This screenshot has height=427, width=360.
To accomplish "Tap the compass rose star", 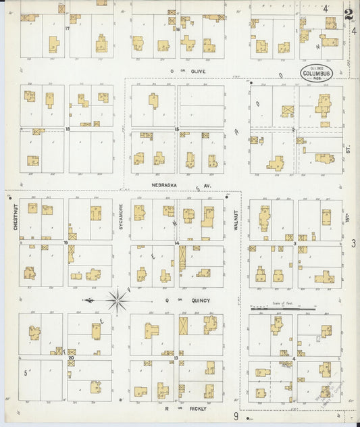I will (x=118, y=298).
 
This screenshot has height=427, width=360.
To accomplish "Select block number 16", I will (x=177, y=30).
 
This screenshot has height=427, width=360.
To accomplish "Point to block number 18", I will (x=68, y=128).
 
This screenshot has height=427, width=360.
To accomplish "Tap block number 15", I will (x=177, y=128).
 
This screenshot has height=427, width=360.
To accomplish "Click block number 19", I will (x=66, y=242).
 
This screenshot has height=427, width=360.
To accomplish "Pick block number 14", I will (x=177, y=242).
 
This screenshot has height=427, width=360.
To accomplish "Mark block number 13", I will (x=177, y=356).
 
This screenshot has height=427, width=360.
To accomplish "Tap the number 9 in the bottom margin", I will (x=236, y=417).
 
